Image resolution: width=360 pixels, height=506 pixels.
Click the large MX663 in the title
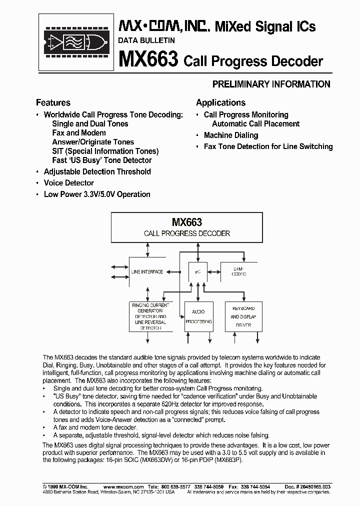[148, 60]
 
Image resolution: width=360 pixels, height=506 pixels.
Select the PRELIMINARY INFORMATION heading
[271, 84]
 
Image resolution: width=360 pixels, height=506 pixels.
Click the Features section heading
[53, 102]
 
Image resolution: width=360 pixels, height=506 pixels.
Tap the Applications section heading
[220, 102]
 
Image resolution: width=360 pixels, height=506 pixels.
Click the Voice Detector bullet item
[68, 183]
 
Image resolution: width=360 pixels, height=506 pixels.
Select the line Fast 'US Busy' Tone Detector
[101, 160]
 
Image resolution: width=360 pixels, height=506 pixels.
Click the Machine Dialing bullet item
[230, 135]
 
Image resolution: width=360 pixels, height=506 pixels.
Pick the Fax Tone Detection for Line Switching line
[268, 146]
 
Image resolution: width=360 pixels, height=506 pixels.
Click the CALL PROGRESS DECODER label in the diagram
[186, 233]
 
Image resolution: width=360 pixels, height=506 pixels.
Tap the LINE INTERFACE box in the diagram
[147, 272]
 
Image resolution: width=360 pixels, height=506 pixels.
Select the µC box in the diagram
[198, 272]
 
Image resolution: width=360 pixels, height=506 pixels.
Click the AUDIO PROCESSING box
[198, 316]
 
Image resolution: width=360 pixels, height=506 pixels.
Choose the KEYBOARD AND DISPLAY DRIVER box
[243, 316]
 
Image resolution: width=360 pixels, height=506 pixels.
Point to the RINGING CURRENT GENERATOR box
[150, 316]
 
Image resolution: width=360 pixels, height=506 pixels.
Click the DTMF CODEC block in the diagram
[239, 272]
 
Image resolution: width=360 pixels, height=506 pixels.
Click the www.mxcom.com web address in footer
[123, 486]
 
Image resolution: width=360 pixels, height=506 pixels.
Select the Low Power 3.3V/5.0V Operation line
[97, 194]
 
